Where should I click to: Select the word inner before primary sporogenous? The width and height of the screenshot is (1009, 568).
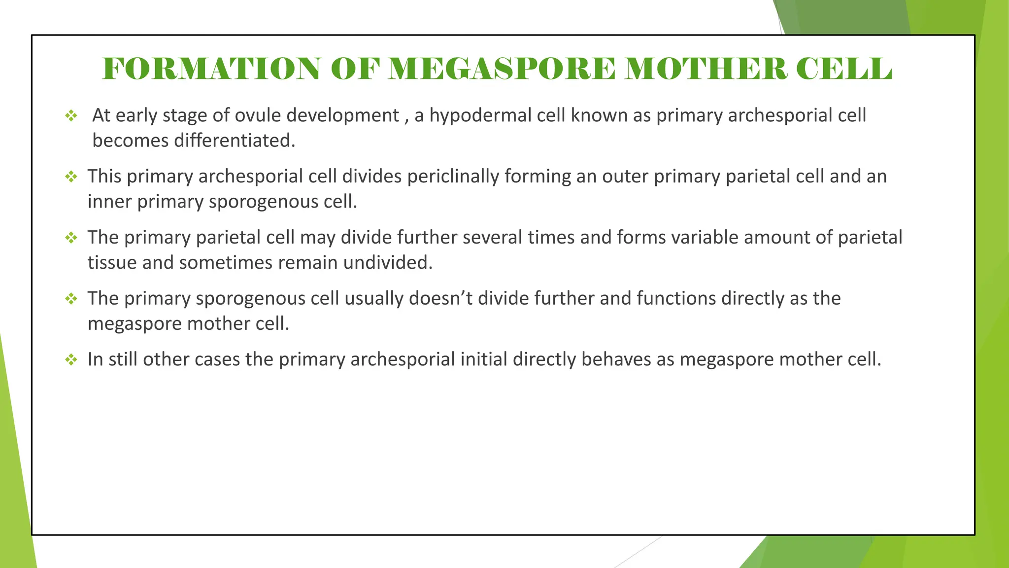110,202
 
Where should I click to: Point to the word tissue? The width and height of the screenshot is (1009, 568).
112,263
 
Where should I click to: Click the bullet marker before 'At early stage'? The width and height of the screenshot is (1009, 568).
71,116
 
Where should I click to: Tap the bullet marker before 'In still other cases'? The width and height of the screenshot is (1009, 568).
71,360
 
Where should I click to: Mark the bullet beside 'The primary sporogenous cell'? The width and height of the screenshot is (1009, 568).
71,299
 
